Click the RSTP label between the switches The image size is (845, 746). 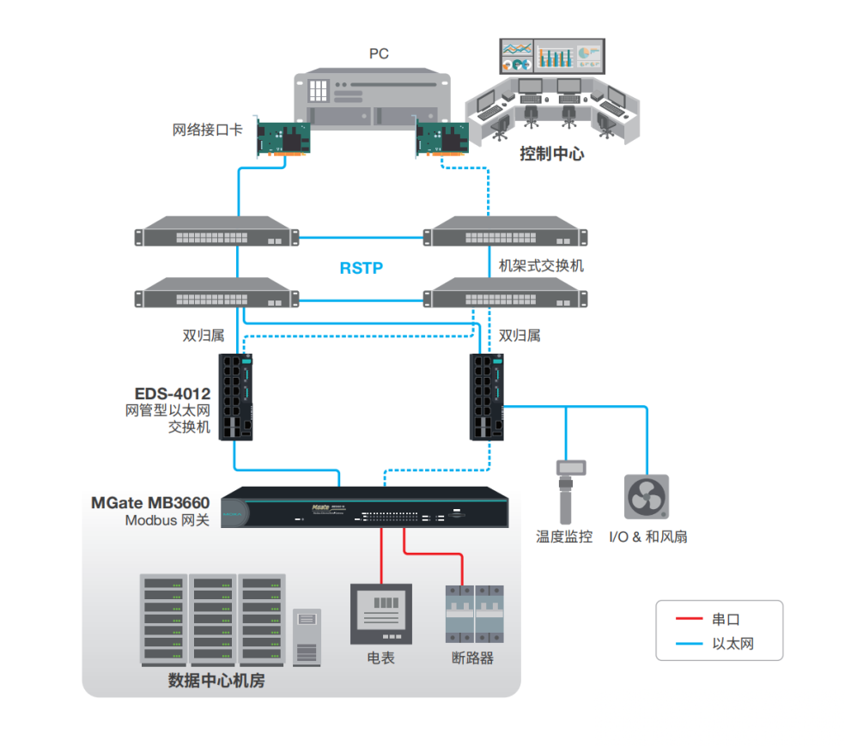(361, 268)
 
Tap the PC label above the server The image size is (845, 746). (379, 54)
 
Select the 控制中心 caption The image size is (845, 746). (552, 155)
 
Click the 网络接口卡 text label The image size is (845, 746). (208, 130)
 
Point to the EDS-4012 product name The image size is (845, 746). (172, 394)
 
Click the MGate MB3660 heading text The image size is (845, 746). (150, 502)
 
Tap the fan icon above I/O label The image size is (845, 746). (646, 496)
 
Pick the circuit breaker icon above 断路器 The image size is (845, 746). (474, 613)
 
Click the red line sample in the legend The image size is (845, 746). (689, 619)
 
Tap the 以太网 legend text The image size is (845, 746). (733, 643)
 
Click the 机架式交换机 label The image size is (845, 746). (541, 265)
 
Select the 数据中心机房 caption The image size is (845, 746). (216, 681)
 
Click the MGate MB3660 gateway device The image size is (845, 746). (369, 507)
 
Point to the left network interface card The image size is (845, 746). (283, 138)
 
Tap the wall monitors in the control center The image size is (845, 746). (552, 56)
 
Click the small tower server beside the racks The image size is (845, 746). (307, 637)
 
